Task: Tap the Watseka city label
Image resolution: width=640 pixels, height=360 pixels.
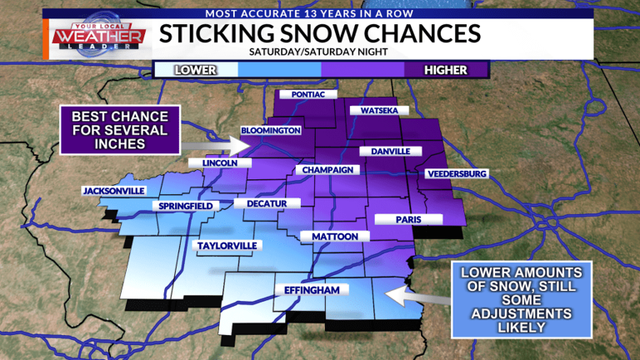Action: point(379,111)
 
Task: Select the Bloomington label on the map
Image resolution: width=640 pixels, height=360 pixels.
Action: point(270,131)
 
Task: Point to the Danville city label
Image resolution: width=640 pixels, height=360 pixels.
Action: point(385,152)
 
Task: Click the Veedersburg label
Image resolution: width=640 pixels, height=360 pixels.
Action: point(456,173)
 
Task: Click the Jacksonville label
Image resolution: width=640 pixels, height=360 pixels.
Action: point(114,191)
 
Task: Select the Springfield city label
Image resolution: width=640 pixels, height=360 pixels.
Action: point(186,206)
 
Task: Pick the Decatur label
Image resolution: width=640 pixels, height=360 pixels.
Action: point(266,203)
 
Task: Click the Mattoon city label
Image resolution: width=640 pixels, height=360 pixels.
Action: point(335,237)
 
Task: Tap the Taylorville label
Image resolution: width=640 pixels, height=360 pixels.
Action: point(227,246)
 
